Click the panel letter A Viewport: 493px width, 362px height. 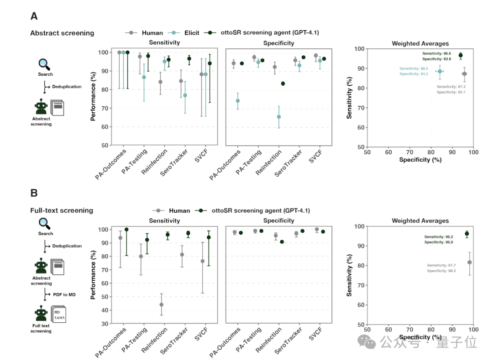(x=34, y=16)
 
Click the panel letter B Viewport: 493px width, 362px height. (x=34, y=193)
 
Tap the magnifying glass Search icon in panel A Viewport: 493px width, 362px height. (x=45, y=64)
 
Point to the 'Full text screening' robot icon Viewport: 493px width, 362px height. (x=42, y=315)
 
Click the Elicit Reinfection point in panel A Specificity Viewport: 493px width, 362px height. (x=279, y=117)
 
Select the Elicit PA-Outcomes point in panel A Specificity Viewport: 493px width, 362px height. (x=237, y=101)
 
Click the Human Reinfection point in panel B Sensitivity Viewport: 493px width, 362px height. (x=161, y=304)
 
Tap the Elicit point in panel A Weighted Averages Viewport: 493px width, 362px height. (x=440, y=71)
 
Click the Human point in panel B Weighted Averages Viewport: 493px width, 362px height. (x=469, y=262)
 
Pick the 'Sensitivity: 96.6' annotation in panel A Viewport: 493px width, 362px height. (x=437, y=54)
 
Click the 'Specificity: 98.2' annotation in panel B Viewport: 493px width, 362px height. (x=441, y=271)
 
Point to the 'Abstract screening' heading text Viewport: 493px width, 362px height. (x=62, y=33)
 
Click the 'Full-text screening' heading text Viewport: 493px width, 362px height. (x=62, y=210)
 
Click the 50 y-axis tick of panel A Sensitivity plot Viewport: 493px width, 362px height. (x=105, y=146)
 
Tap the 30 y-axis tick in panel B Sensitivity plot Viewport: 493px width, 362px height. (x=105, y=324)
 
